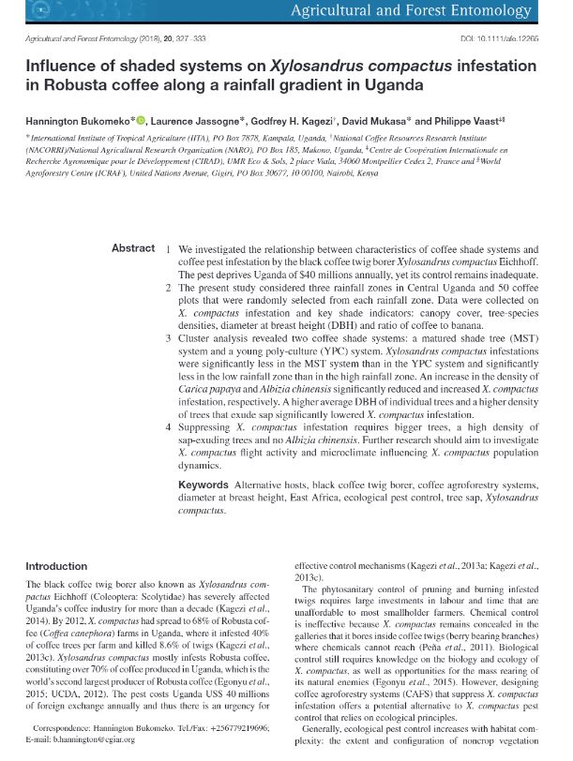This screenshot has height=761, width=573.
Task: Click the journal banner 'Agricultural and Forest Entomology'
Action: pos(438,12)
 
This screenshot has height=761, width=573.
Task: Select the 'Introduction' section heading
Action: pos(55,566)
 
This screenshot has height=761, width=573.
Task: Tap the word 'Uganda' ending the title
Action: pos(398,85)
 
